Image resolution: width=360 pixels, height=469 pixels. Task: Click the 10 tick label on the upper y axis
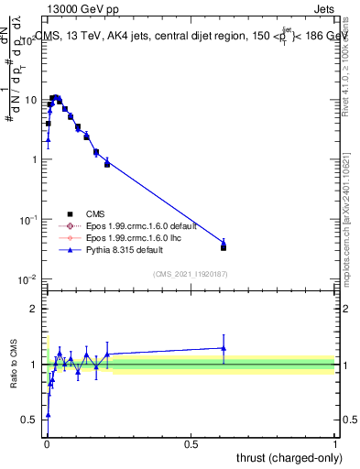click(x=30, y=99)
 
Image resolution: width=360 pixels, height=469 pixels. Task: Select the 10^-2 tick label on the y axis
click(x=28, y=279)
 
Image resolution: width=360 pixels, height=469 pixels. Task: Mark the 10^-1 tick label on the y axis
click(x=28, y=220)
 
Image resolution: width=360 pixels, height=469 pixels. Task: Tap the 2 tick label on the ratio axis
click(x=34, y=309)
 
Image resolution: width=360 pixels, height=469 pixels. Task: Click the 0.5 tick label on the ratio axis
click(x=30, y=420)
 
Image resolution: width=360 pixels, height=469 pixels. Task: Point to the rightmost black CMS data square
click(x=224, y=247)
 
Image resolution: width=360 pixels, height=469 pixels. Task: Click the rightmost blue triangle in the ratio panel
click(x=224, y=348)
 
